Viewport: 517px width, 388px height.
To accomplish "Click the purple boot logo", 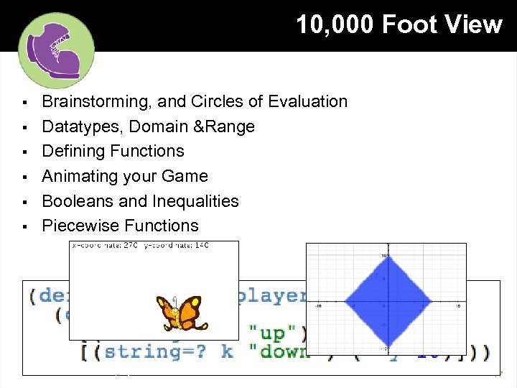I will click(x=55, y=50).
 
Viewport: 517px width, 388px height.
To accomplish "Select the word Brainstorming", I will click(x=91, y=102).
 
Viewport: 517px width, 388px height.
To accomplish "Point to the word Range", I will click(x=231, y=127).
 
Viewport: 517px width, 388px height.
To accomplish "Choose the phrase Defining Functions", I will click(x=113, y=152).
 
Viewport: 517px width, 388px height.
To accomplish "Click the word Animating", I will click(x=79, y=177).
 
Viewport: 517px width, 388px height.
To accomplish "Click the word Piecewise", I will click(x=80, y=226).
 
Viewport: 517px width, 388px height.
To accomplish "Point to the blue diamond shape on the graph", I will click(x=387, y=301).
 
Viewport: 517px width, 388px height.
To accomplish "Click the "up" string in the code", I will click(x=266, y=333).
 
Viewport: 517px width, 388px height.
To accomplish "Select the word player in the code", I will click(x=271, y=295).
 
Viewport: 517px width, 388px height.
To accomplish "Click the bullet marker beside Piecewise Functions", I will click(x=24, y=226).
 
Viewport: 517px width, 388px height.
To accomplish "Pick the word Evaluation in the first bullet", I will click(x=308, y=102).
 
